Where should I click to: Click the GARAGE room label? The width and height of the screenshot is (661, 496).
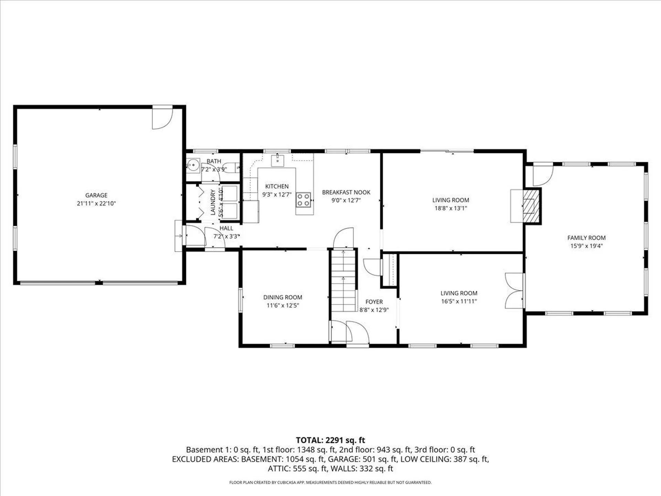(96, 195)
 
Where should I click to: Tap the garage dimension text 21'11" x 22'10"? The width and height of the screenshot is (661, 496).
(96, 204)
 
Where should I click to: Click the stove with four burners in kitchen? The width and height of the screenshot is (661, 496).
(303, 200)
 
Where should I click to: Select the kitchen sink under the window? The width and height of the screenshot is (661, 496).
(277, 160)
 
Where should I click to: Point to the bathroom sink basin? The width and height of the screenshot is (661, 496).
(193, 165)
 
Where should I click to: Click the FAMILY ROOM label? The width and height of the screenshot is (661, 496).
(586, 238)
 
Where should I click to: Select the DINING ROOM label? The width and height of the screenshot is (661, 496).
(283, 297)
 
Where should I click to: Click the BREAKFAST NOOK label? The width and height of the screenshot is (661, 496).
(346, 192)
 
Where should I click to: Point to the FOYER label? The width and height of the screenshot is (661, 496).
(374, 302)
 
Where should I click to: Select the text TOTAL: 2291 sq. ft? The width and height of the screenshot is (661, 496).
(330, 440)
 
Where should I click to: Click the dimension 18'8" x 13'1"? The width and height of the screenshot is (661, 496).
(451, 208)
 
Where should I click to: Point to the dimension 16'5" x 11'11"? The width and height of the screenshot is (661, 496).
(459, 301)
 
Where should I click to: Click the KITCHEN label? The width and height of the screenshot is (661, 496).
(277, 186)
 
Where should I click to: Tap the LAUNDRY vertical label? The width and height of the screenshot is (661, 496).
(213, 202)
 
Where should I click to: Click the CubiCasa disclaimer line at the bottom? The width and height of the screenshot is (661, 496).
(330, 483)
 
